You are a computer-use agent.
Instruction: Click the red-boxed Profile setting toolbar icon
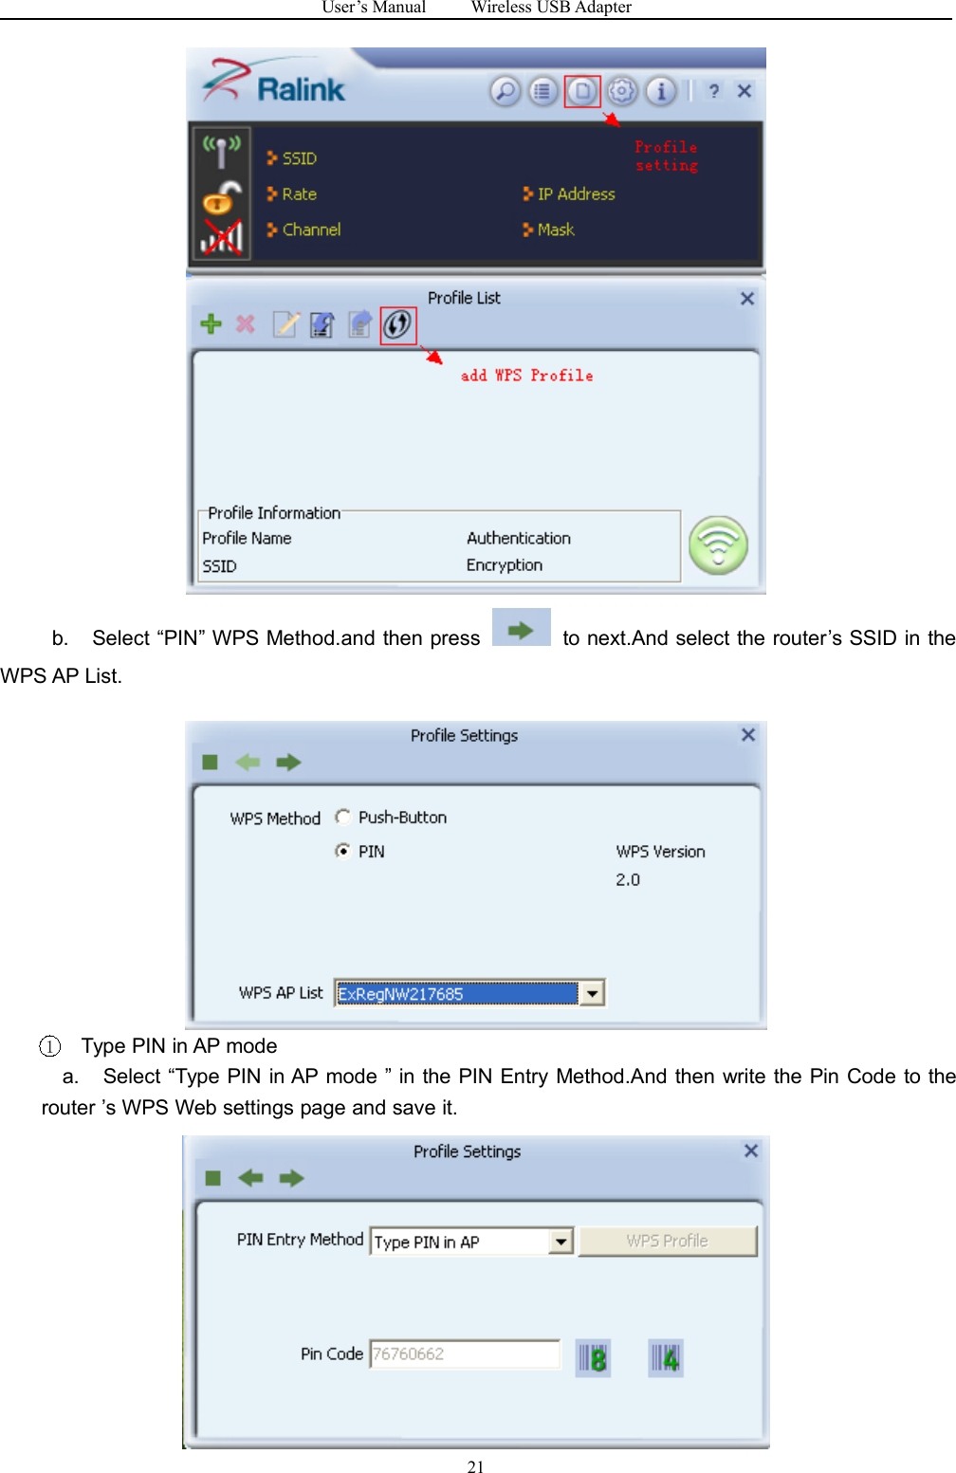(x=582, y=91)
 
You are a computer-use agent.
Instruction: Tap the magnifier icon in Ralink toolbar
(x=506, y=91)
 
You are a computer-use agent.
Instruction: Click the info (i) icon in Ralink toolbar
(x=661, y=91)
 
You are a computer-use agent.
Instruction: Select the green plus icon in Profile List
(x=211, y=324)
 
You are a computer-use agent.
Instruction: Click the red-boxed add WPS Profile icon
(x=397, y=325)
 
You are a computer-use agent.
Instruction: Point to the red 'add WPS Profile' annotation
(x=526, y=376)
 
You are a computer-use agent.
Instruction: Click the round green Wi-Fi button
(x=718, y=545)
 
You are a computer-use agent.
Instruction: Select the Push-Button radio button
(x=343, y=817)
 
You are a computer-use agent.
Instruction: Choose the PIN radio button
(x=343, y=851)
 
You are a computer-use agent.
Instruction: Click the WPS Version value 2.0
(x=628, y=879)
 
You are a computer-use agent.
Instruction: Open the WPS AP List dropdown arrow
(x=592, y=993)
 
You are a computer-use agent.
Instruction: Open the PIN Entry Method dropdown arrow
(x=561, y=1241)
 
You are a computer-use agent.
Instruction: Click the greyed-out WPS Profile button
(x=668, y=1241)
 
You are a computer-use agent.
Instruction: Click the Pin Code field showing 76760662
(x=465, y=1353)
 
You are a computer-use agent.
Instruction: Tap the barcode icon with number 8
(x=593, y=1358)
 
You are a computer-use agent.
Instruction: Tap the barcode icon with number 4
(x=666, y=1358)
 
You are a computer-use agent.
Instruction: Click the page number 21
(x=476, y=1466)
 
